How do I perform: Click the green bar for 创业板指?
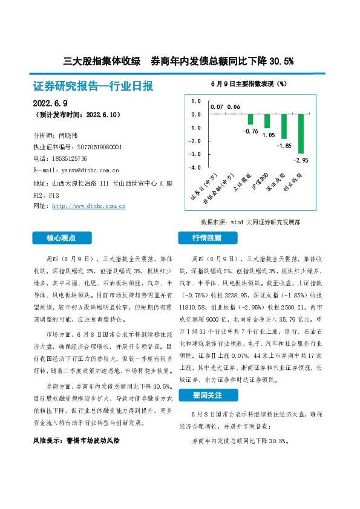(x=301, y=134)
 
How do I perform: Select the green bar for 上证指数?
(x=250, y=119)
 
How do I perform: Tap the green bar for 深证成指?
(x=284, y=126)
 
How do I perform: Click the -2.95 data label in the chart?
(x=301, y=160)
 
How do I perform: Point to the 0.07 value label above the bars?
(x=217, y=107)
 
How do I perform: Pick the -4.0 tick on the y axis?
(x=196, y=169)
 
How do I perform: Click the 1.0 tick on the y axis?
(x=196, y=101)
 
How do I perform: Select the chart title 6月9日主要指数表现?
(x=249, y=83)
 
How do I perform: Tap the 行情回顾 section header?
(x=207, y=238)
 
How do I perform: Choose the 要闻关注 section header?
(x=207, y=395)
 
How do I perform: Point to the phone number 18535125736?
(x=71, y=158)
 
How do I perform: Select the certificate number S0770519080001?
(x=99, y=147)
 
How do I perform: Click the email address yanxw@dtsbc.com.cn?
(x=85, y=170)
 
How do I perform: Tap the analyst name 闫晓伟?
(x=67, y=135)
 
